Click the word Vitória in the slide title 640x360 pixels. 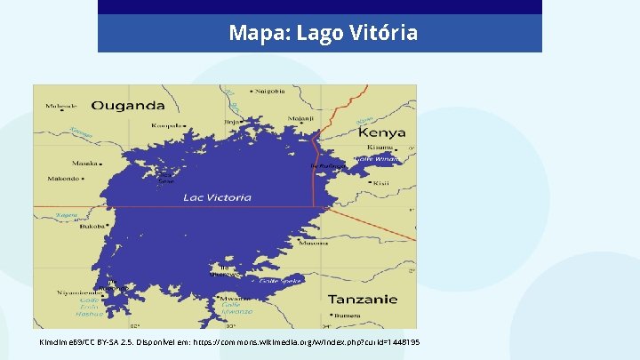tap(382, 34)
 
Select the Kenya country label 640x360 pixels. tap(381, 132)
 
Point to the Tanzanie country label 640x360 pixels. tap(363, 299)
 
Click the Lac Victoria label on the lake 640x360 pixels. tap(217, 197)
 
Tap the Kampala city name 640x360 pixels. tap(167, 125)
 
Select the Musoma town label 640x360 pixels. tap(314, 243)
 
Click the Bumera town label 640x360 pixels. tap(346, 314)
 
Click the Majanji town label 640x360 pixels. tap(277, 116)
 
